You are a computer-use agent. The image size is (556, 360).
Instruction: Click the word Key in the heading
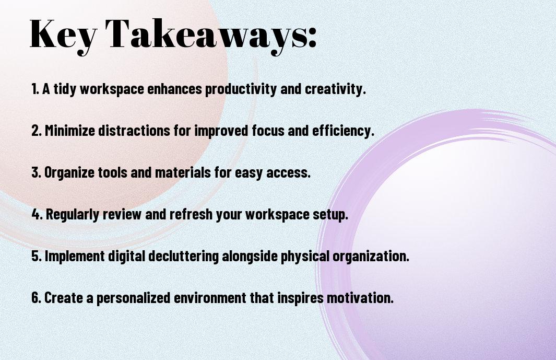(63, 36)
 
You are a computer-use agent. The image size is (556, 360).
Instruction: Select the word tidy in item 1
(65, 89)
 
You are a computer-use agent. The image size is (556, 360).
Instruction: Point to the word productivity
(241, 89)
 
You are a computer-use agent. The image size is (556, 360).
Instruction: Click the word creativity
(336, 89)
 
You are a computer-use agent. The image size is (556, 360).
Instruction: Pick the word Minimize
(70, 131)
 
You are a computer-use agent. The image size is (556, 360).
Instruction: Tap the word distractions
(134, 131)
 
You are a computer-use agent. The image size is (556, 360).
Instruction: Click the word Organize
(69, 173)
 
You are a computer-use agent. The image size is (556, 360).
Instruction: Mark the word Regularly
(73, 215)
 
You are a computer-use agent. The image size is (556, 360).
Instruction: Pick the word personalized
(134, 298)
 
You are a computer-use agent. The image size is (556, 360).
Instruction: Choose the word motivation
(360, 298)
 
